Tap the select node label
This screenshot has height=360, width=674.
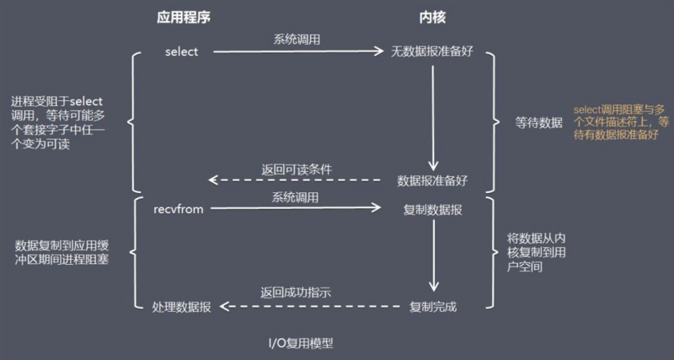click(181, 52)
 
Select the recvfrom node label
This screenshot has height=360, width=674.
click(179, 209)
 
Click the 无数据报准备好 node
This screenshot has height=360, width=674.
click(432, 52)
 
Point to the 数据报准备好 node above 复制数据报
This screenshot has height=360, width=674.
click(432, 180)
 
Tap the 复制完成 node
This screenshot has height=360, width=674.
click(433, 306)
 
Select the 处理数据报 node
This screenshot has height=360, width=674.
click(182, 306)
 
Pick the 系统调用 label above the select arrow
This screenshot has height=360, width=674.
click(297, 40)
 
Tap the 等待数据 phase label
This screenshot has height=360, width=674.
click(539, 122)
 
